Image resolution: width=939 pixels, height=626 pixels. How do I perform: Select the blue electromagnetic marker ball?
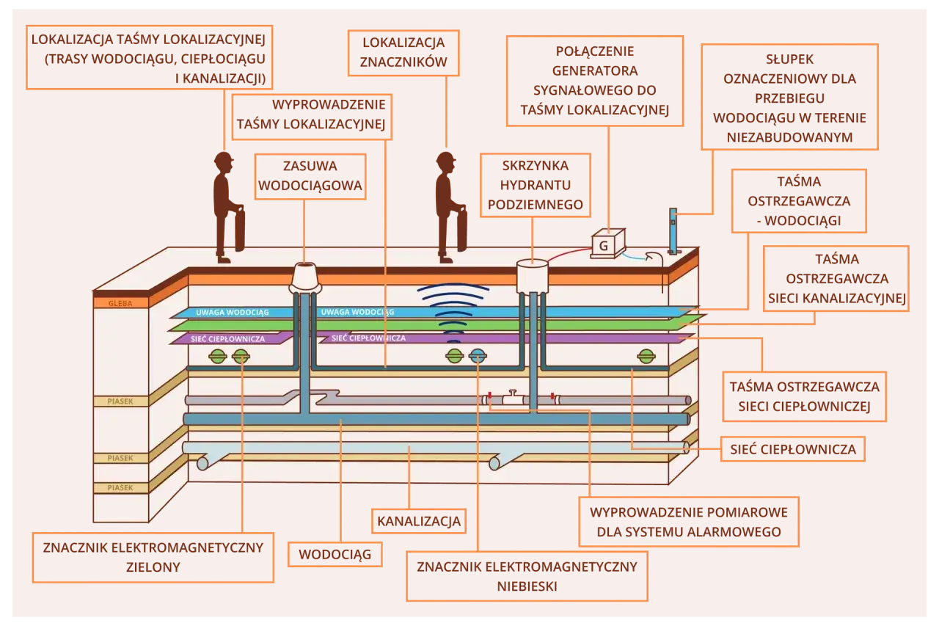[478, 357]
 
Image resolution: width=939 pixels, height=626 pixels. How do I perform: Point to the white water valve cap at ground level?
[306, 276]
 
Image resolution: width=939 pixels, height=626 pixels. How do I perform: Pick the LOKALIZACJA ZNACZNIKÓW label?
[403, 53]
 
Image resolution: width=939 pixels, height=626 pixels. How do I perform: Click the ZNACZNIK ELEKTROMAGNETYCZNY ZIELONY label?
[153, 557]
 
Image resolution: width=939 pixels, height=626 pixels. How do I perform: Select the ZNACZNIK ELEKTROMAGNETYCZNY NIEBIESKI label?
[527, 576]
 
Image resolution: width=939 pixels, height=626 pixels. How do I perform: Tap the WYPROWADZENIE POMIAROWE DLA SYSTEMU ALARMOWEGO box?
[689, 522]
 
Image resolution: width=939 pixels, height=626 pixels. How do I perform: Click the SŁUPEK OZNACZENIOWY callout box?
[789, 97]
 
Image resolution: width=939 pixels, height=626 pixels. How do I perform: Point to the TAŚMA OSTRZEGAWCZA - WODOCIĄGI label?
[798, 200]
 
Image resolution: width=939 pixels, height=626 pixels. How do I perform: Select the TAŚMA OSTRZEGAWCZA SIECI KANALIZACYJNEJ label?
[836, 278]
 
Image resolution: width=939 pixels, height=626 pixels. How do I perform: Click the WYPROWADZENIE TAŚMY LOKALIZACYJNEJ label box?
[311, 115]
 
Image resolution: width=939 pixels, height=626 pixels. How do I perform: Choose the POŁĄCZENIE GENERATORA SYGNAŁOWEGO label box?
[594, 81]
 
